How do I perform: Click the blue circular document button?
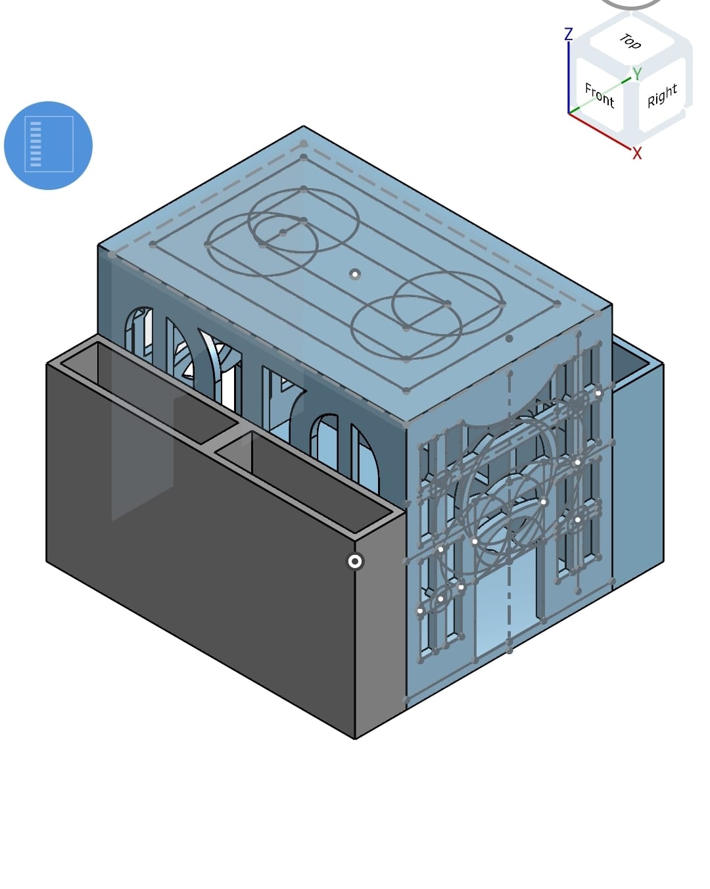[x=49, y=145]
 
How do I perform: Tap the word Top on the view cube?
[x=630, y=41]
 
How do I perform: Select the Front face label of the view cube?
[x=600, y=95]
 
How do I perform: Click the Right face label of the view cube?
[x=662, y=96]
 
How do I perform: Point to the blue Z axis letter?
[x=569, y=34]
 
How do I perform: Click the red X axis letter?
[x=637, y=153]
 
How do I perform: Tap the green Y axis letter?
[x=637, y=74]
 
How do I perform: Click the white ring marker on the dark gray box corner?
[x=355, y=562]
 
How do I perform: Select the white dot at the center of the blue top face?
[x=355, y=274]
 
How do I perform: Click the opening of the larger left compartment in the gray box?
[x=149, y=392]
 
